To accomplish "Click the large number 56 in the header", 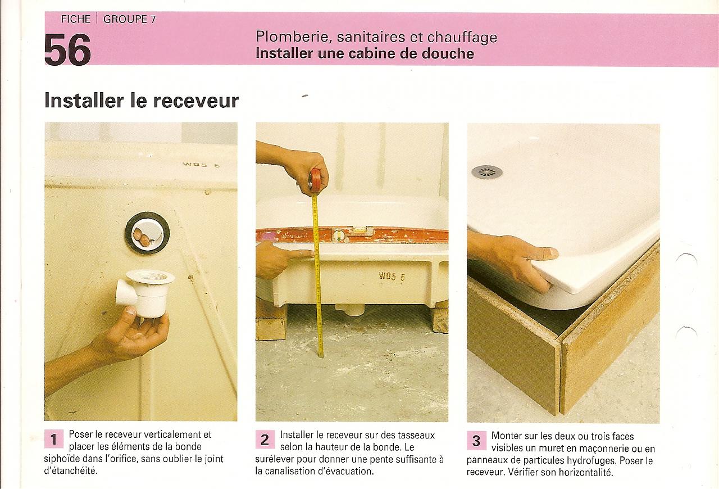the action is pos(67,49).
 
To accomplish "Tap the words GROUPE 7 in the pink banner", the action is pos(130,19).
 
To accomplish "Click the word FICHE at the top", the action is pos(76,19).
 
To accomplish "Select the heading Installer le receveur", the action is pos(142,100).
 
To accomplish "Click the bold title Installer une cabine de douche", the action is pos(365,53).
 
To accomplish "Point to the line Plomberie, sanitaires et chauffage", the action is pos(376,37).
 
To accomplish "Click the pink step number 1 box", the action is pos(53,439).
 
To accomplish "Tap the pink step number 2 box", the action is pos(265,439).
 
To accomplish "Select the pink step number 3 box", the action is pos(476,441).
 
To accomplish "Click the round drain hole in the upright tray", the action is pos(147,233).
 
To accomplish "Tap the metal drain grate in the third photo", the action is pos(486,172).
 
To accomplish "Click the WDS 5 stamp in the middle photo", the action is pos(392,277).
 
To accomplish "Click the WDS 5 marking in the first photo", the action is pos(201,165).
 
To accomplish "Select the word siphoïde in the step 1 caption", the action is pos(62,459).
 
